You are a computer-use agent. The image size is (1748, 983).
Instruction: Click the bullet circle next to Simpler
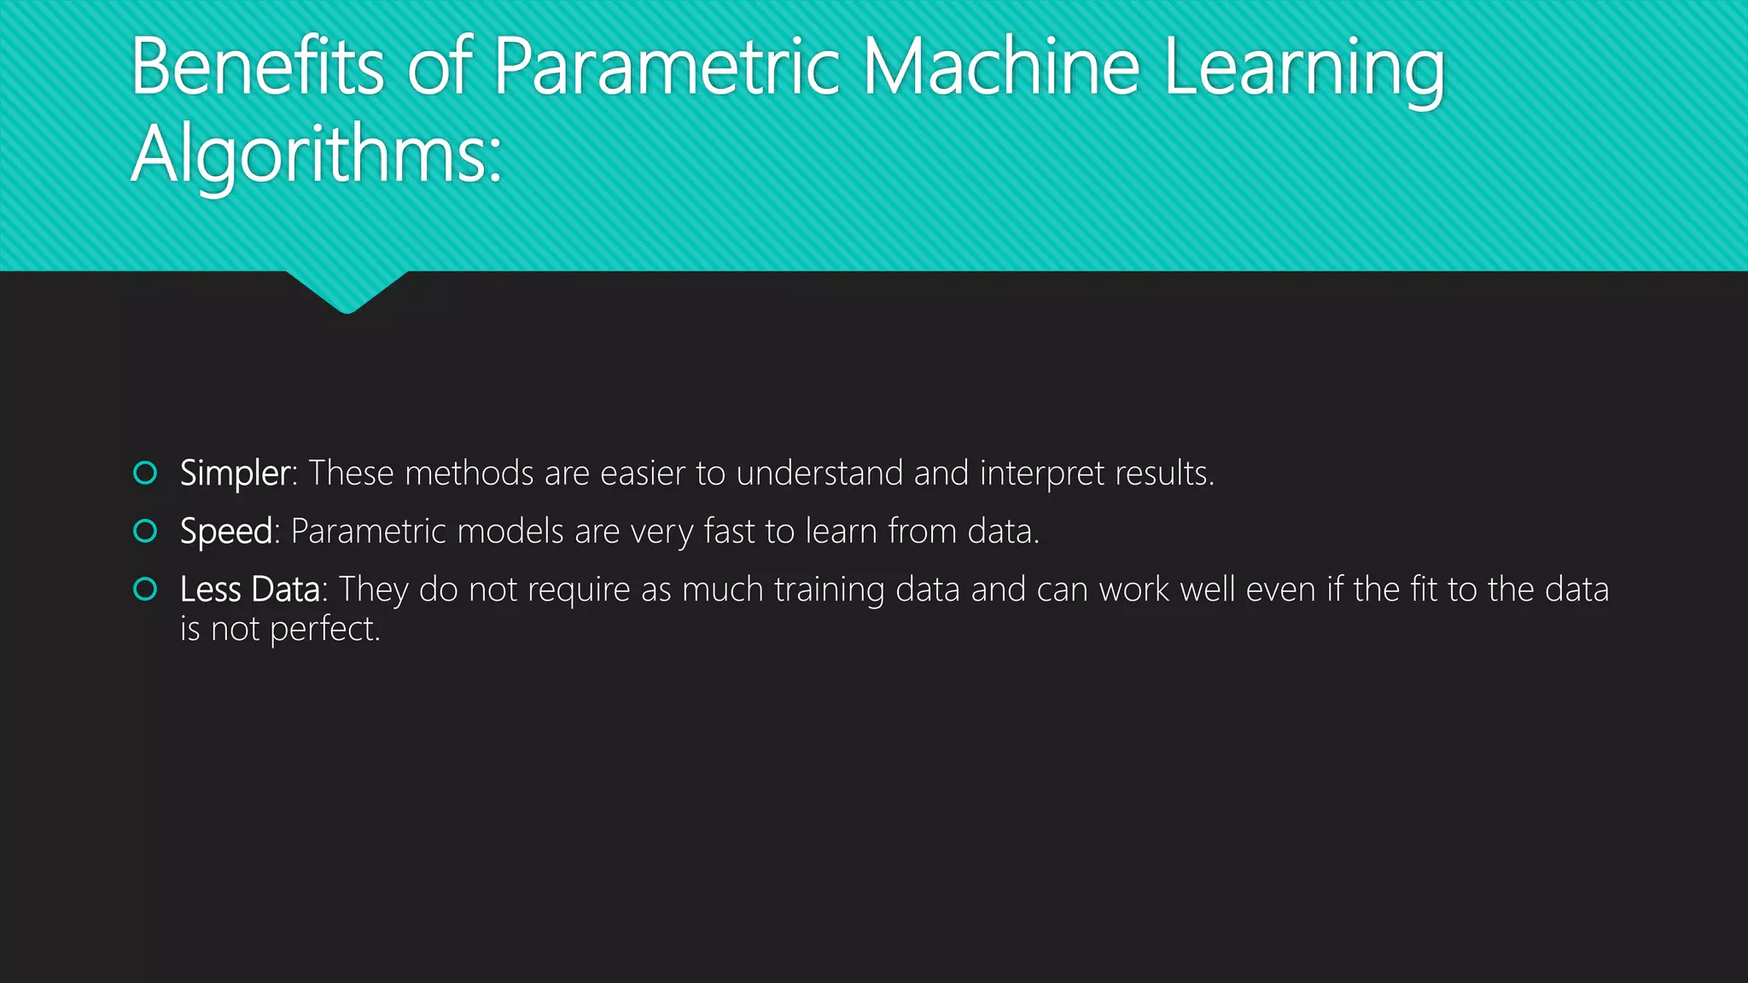[x=146, y=473]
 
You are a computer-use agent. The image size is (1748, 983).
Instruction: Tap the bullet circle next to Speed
[x=146, y=531]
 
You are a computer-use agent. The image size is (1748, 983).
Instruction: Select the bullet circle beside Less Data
[x=146, y=589]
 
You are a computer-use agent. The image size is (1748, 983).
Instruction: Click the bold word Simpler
[x=235, y=474]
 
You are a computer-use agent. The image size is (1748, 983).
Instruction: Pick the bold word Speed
[x=226, y=532]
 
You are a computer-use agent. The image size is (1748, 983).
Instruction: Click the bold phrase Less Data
[x=249, y=590]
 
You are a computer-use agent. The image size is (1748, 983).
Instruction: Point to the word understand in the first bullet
[x=819, y=474]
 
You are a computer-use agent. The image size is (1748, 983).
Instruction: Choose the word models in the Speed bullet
[x=510, y=532]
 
